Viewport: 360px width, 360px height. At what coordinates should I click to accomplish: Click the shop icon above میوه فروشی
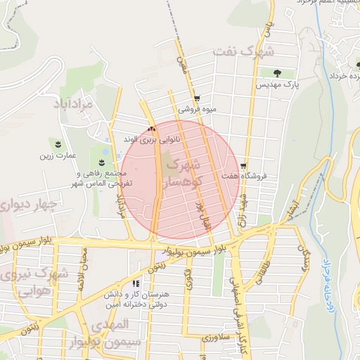[197, 98]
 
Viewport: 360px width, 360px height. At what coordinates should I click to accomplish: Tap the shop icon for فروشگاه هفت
[243, 167]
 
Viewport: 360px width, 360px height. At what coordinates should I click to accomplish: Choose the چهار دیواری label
[29, 205]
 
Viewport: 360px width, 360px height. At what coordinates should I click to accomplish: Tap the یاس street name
[266, 29]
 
